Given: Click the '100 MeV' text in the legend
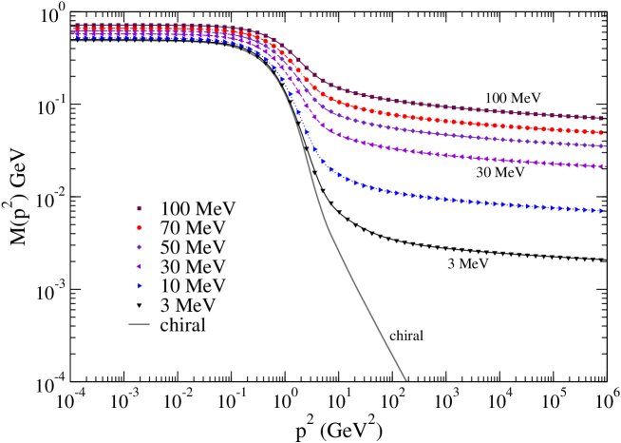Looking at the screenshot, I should click(198, 208).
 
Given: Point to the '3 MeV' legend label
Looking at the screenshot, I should click(188, 305).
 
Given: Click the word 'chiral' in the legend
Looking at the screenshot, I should click(182, 325).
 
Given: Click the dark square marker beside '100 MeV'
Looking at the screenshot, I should click(140, 208).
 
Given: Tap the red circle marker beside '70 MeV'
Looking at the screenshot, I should click(140, 228).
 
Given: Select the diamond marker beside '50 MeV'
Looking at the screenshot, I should click(140, 247).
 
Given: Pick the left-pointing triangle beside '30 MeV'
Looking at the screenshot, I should click(140, 266).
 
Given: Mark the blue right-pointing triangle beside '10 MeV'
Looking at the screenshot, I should click(140, 285).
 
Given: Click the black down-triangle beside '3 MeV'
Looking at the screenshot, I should click(140, 305).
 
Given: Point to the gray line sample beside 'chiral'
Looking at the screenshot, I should click(140, 325).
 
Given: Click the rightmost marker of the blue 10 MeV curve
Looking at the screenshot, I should click(602, 211).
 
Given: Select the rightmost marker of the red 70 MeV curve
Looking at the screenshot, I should click(602, 133).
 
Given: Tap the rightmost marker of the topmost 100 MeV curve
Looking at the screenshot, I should click(602, 118).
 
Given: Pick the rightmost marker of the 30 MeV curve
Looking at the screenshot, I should click(602, 167).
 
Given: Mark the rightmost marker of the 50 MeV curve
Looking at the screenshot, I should click(602, 146).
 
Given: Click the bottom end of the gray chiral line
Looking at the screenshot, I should click(406, 380).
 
